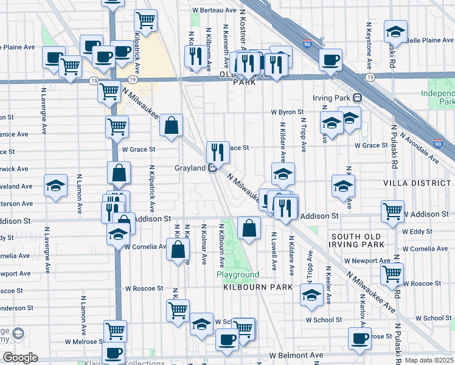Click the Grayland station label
190,168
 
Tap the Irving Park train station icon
358,97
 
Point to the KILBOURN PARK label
258,287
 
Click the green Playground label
238,275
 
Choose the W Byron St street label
287,112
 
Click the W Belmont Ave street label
296,355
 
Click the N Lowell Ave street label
274,251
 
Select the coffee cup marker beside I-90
330,60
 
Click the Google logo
20,358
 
